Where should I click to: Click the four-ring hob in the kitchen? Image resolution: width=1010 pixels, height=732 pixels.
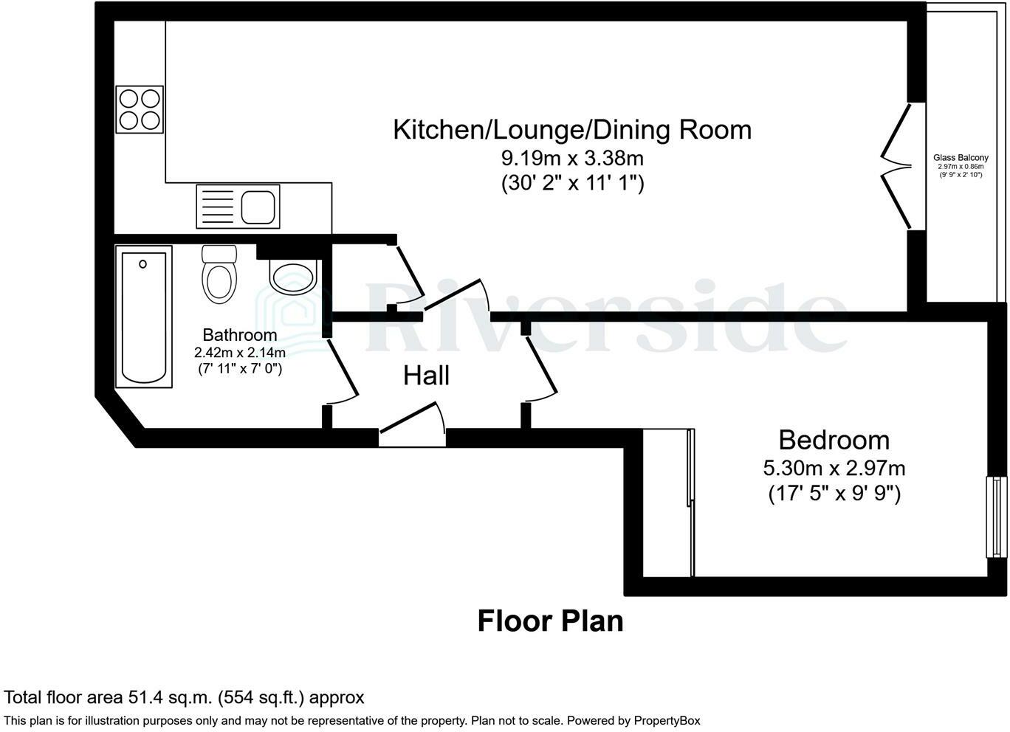click(x=140, y=109)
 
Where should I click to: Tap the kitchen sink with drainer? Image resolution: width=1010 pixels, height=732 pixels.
click(x=237, y=206)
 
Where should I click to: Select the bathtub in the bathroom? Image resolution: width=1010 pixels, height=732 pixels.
click(x=144, y=316)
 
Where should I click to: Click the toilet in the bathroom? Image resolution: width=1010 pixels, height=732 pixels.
click(x=219, y=274)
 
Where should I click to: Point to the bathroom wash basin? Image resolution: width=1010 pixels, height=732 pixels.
click(x=293, y=276)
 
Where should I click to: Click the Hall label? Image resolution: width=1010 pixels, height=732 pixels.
click(x=426, y=376)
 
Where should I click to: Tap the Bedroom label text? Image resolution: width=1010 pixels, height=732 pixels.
click(x=834, y=440)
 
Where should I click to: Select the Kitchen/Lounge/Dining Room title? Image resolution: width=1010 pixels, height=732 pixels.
click(x=572, y=129)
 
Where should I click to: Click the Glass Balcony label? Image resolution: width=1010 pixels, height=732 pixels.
click(x=961, y=158)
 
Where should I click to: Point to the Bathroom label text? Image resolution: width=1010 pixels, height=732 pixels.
click(x=240, y=335)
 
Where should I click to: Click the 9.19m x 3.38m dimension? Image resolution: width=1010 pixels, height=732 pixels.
click(x=572, y=158)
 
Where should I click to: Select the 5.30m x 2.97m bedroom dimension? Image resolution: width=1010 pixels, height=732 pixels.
click(x=834, y=468)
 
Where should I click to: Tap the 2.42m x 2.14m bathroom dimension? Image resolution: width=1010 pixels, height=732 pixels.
click(x=240, y=352)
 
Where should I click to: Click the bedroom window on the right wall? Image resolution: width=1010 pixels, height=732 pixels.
click(x=996, y=517)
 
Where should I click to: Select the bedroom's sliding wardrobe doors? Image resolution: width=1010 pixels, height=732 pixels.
click(x=690, y=502)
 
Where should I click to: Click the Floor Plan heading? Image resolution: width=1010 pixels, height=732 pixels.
click(x=550, y=621)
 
